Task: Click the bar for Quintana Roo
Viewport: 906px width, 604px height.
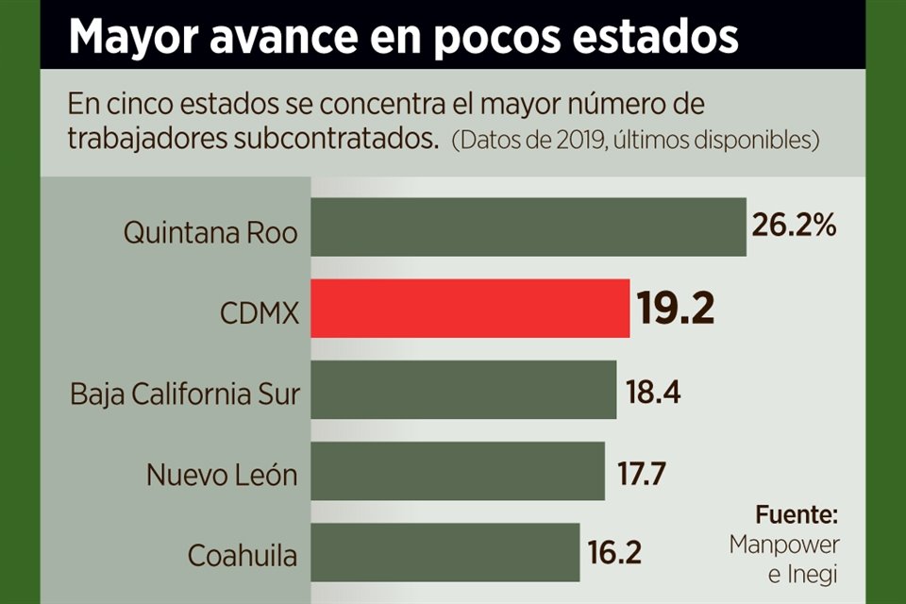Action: (x=528, y=227)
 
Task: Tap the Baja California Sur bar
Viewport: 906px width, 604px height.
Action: (x=463, y=390)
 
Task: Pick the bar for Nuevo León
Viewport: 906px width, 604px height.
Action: (x=458, y=472)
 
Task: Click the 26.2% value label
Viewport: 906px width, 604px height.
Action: (x=794, y=226)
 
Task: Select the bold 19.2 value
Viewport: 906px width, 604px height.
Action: (x=675, y=309)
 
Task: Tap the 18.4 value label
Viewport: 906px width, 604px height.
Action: (x=652, y=391)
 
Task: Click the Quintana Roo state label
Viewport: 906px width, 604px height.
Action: (x=210, y=232)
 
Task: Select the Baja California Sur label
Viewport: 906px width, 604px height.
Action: (x=185, y=394)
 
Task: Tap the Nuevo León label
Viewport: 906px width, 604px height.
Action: (x=222, y=474)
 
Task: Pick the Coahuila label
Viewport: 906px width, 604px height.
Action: (x=243, y=555)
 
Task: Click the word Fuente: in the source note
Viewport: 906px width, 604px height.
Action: (x=796, y=515)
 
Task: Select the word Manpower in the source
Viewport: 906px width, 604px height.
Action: (x=783, y=545)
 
